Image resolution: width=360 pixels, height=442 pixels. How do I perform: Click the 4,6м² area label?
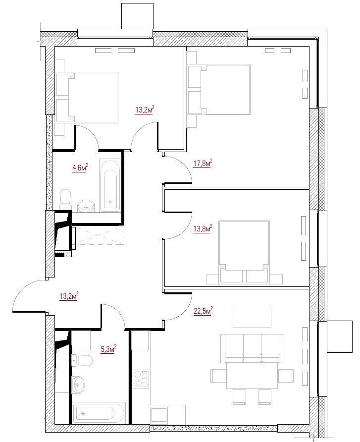coord(80,167)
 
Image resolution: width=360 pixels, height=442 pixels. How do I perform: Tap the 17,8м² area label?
coord(203,163)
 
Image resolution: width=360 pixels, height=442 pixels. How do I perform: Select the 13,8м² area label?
coord(203,228)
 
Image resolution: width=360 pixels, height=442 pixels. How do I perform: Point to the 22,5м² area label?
coord(203,311)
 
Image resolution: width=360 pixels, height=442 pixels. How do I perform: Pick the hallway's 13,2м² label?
coord(69,296)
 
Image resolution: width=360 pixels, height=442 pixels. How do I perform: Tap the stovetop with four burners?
coord(141,379)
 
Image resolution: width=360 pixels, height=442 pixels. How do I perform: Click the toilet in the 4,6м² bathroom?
coord(65,200)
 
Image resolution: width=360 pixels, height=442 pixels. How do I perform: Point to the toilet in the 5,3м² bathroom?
coord(82,360)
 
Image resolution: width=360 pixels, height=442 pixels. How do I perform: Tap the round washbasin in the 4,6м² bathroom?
coord(86,206)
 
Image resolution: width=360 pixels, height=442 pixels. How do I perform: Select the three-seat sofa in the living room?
coord(250,348)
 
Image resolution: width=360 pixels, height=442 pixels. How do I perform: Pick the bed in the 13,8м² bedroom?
coord(244,252)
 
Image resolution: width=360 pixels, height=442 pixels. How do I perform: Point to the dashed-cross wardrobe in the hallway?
coord(98,235)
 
